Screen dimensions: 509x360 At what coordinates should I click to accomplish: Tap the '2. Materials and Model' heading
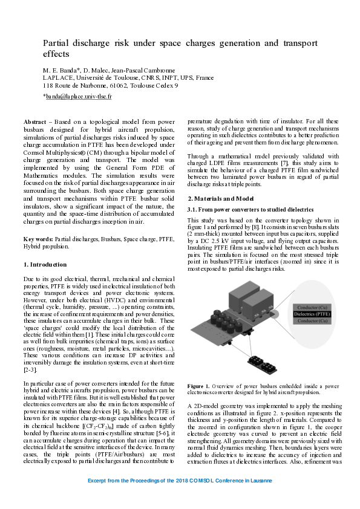click(220, 199)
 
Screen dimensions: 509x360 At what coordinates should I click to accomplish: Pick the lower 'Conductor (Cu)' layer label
click(313, 322)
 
